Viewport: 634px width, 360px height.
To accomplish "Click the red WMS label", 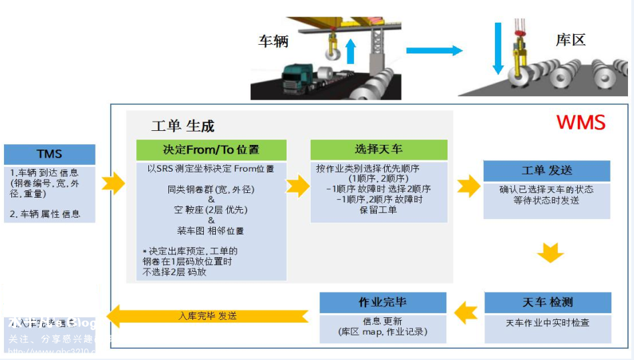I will tap(581, 123).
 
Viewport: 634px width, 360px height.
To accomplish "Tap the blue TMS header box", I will tap(49, 154).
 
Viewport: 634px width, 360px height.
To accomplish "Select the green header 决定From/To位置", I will tap(211, 149).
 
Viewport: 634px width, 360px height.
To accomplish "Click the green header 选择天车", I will tap(378, 149).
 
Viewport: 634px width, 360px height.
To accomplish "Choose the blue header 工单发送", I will tap(546, 170).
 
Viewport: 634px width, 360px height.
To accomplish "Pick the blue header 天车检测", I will tap(547, 303).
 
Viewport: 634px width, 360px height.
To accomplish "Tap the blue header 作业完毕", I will tap(382, 303).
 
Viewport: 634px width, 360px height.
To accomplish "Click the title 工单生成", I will tap(182, 126).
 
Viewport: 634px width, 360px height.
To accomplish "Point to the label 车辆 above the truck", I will tap(273, 41).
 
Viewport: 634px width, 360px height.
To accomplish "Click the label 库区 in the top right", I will tap(570, 40).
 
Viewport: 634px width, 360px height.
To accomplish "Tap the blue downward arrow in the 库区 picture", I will tap(498, 48).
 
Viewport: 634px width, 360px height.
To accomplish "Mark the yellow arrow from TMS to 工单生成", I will tap(114, 182).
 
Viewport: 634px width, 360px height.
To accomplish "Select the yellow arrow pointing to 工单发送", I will tap(469, 186).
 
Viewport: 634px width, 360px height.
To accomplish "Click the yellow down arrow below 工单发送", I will tap(550, 253).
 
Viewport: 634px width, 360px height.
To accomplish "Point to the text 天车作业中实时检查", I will tap(547, 323).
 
